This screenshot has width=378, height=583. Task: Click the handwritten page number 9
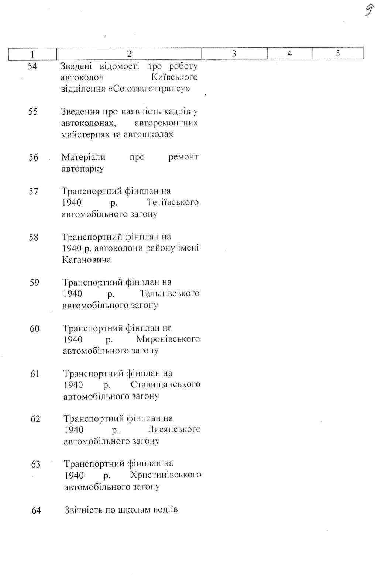point(368,10)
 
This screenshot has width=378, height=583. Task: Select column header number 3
point(234,54)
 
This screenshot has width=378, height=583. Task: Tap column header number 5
point(338,54)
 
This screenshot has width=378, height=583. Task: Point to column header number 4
point(290,54)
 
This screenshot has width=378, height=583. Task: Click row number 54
point(33,66)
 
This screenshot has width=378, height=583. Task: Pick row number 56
point(34,158)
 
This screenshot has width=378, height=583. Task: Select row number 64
point(36,511)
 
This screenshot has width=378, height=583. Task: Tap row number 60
point(35,328)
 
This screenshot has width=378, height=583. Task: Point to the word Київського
point(175,77)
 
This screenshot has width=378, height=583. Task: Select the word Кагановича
point(86,260)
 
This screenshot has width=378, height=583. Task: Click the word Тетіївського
point(172,203)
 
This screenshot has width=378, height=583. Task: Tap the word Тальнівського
point(170,294)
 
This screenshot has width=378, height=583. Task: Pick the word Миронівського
point(168,339)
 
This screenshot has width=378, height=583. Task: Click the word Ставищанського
point(165,384)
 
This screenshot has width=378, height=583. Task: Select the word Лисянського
point(174,430)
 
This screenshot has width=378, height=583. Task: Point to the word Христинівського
point(166,475)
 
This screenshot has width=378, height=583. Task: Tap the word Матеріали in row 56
point(83,158)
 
